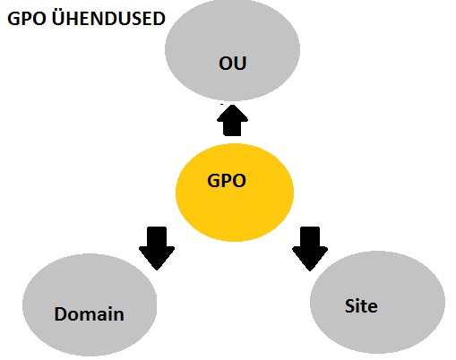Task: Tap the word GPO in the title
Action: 27,19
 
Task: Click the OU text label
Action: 233,63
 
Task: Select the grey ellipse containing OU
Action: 232,49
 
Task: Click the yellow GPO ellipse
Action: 235,193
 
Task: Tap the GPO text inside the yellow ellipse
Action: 227,181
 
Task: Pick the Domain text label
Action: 89,314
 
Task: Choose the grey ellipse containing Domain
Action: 90,304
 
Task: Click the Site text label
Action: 361,306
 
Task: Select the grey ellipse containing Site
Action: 377,302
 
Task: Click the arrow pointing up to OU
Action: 232,120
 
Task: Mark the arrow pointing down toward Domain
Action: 157,248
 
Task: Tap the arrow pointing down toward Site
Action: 310,249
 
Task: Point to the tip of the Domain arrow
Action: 157,270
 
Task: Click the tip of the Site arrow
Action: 310,271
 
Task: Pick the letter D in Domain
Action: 61,314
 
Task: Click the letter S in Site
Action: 349,306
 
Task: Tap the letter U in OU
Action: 240,64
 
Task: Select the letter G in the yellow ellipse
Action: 213,181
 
